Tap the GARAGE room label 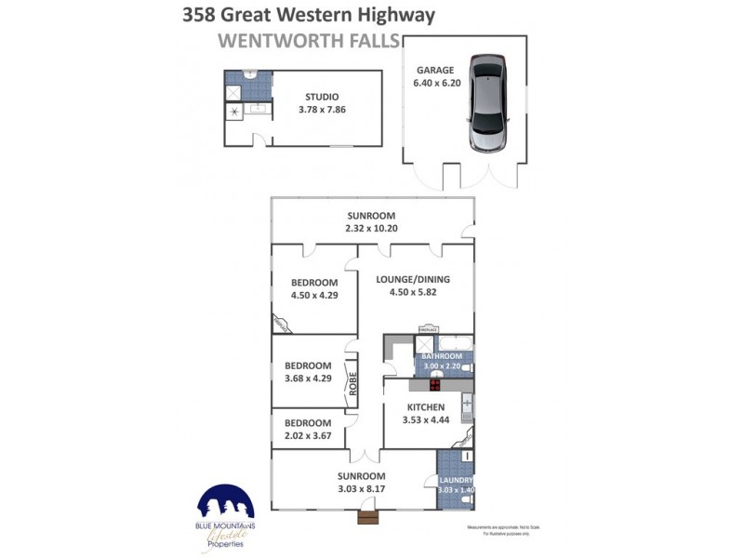(434, 70)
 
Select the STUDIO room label (321, 96)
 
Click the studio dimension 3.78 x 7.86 (321, 109)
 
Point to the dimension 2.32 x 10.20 (369, 228)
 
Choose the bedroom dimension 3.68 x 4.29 (308, 379)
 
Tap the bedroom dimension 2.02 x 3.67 (308, 435)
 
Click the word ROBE (352, 384)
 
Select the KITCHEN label (425, 407)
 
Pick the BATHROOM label (442, 356)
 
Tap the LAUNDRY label (455, 480)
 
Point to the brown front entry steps (369, 516)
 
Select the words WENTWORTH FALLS (308, 41)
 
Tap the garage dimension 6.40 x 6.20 (434, 83)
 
